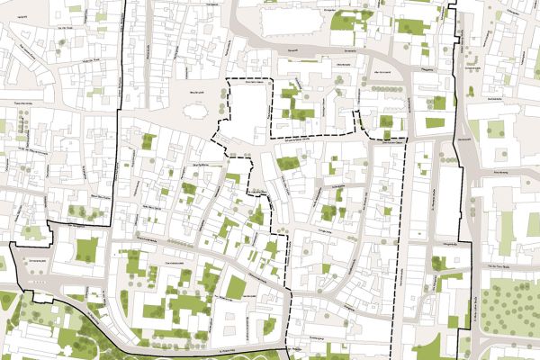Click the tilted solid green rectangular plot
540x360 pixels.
click(236, 287)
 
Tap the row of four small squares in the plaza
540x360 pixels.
click(37, 282)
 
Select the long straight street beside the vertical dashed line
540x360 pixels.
click(415, 252)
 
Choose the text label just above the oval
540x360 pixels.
click(192, 93)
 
